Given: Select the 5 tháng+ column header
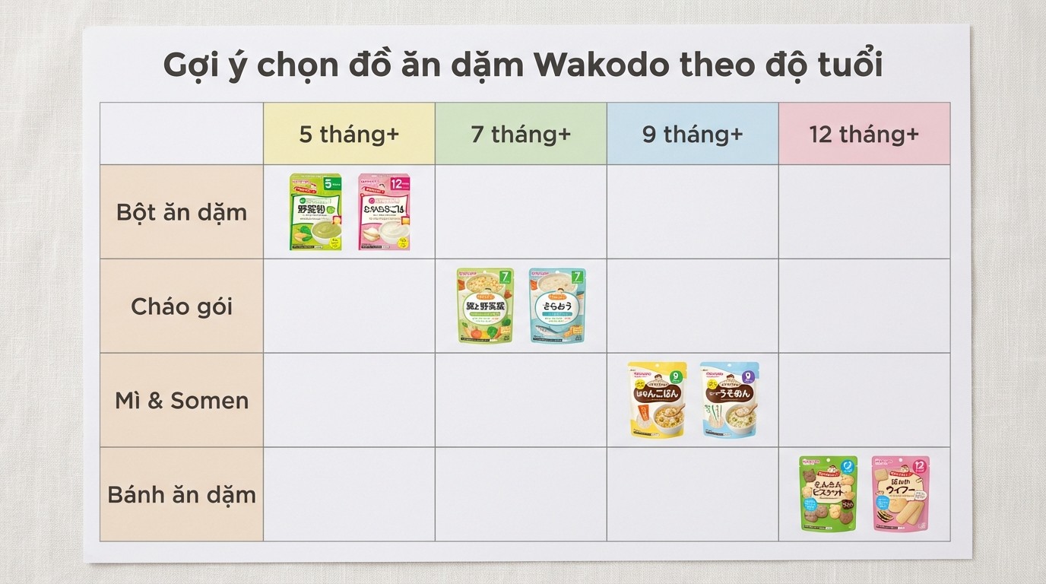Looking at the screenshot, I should coord(349,135).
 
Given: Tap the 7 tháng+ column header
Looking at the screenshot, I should coord(521,135).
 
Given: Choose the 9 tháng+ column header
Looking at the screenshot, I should coord(693,135).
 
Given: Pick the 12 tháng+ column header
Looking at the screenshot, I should coord(864,135).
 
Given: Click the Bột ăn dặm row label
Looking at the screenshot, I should coord(182,212).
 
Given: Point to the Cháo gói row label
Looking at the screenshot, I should coord(182,306).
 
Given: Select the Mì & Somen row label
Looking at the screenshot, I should coord(182,401).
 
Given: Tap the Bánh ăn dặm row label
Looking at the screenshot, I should coord(182,495).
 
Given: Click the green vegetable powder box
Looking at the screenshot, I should coord(315,212).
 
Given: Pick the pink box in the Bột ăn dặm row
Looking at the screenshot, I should coord(384,212).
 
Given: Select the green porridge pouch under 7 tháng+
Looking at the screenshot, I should coord(485,306).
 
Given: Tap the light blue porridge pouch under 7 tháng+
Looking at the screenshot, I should coord(557,306).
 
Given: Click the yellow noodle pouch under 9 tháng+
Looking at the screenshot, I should coord(657,400).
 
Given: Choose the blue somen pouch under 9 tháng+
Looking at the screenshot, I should coord(729,400).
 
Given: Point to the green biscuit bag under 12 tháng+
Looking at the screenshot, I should coord(828,494).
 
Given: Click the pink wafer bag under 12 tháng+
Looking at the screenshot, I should coord(900,494).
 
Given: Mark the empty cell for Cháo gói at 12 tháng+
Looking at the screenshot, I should coord(864,306).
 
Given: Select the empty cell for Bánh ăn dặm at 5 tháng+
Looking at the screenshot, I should coord(349,495).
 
